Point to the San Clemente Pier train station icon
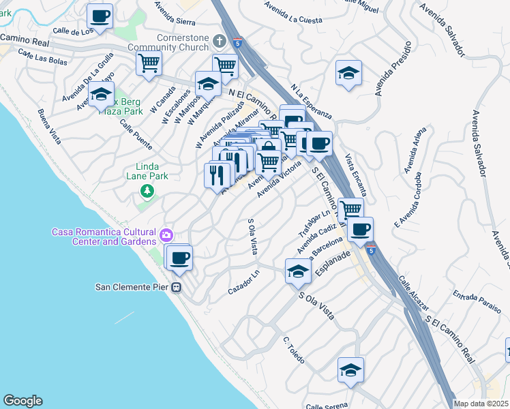pos(176,287)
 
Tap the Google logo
pos(22,401)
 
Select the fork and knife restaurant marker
pos(217,176)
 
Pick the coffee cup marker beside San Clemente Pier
pos(180,258)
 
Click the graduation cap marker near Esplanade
pos(298,272)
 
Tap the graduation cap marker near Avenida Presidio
pos(348,73)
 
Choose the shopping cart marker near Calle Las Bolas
pos(149,63)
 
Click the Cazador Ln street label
pos(244,282)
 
